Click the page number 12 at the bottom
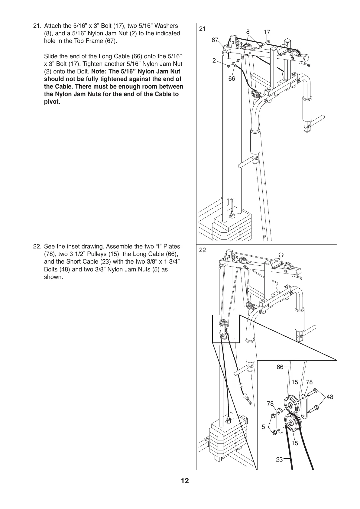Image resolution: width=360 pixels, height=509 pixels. tap(185, 481)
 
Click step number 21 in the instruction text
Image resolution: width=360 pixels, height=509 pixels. tap(36, 26)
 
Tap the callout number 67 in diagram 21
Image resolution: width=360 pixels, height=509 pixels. tap(215, 40)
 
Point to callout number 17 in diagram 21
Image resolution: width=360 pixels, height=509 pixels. tap(267, 32)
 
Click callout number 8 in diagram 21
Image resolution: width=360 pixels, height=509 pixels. tap(248, 32)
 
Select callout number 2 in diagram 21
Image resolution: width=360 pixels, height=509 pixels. tap(214, 60)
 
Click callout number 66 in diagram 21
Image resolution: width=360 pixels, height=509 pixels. tap(232, 78)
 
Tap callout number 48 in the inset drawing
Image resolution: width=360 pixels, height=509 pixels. tap(330, 397)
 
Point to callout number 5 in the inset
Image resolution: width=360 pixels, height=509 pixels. tap(263, 427)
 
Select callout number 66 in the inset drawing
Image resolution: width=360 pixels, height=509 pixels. tap(280, 367)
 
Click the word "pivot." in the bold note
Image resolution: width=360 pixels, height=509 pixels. tap(52, 102)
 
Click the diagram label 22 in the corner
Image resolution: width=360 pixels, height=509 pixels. tap(203, 250)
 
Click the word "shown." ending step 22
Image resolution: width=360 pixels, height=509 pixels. tap(54, 277)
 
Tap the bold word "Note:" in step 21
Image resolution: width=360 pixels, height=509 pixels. tap(99, 72)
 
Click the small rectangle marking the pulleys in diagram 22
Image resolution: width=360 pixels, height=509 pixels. tap(226, 329)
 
